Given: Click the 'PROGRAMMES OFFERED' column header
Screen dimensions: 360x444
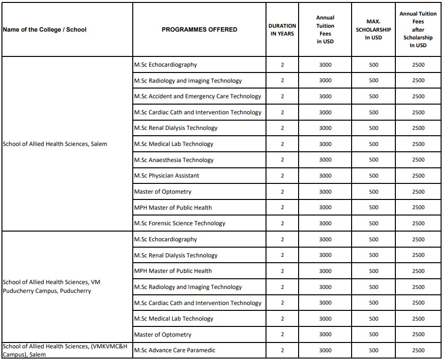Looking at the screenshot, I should pyautogui.click(x=199, y=30).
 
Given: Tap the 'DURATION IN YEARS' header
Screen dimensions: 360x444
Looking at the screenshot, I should pyautogui.click(x=282, y=30).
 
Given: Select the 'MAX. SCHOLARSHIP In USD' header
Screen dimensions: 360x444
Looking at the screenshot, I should pyautogui.click(x=373, y=30).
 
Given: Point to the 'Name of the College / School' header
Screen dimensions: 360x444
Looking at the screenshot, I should pyautogui.click(x=45, y=30).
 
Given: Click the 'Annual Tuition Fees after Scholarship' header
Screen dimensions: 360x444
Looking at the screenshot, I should pyautogui.click(x=418, y=30).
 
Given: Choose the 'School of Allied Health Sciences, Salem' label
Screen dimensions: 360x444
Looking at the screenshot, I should pyautogui.click(x=55, y=144).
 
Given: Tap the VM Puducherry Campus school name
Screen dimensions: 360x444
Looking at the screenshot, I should pyautogui.click(x=52, y=287).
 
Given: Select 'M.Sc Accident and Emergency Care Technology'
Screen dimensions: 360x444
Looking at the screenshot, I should pyautogui.click(x=197, y=96).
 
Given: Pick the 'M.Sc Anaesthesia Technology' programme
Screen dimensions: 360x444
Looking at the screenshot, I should pyautogui.click(x=174, y=160).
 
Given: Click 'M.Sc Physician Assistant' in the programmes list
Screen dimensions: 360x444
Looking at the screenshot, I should pyautogui.click(x=167, y=176).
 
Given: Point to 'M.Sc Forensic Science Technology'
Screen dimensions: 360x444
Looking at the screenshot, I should pyautogui.click(x=180, y=223).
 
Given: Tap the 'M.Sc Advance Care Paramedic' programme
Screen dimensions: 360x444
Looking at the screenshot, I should pyautogui.click(x=175, y=350).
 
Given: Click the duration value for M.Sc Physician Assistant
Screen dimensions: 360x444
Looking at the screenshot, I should pyautogui.click(x=282, y=176).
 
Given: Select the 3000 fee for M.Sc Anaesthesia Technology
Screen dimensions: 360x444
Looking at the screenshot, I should pyautogui.click(x=325, y=160).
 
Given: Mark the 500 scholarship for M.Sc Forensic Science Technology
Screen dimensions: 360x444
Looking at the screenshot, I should pyautogui.click(x=373, y=223).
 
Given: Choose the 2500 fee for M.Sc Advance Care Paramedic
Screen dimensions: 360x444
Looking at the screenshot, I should pyautogui.click(x=418, y=350).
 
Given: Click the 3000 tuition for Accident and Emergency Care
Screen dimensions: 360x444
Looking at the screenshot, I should pyautogui.click(x=325, y=96).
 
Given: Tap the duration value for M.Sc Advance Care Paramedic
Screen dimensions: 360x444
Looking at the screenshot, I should pyautogui.click(x=282, y=350).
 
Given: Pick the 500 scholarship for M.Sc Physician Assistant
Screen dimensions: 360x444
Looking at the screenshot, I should pyautogui.click(x=373, y=176).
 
